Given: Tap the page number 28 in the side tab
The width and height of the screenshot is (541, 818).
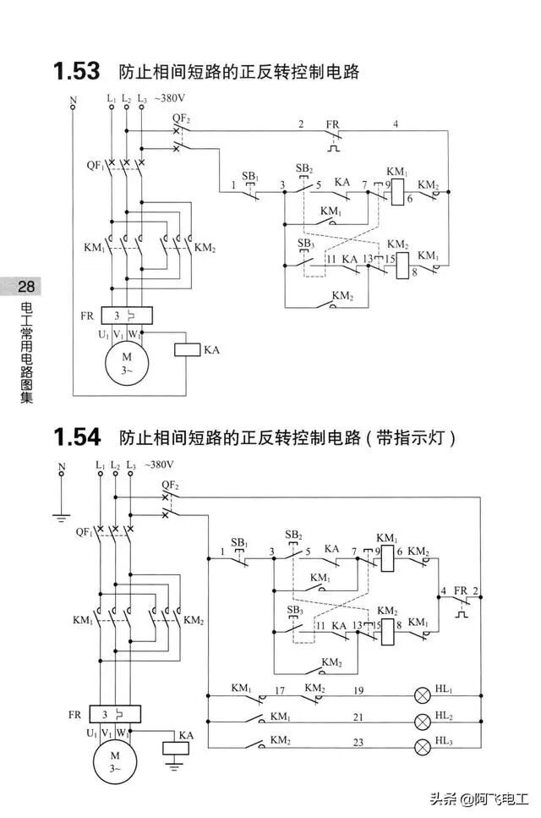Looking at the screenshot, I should [26, 287].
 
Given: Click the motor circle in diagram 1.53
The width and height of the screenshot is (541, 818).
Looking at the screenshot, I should [127, 362].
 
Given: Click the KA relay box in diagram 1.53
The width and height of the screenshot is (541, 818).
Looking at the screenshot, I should [187, 349].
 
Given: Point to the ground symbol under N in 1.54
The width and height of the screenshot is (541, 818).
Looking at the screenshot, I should [62, 513].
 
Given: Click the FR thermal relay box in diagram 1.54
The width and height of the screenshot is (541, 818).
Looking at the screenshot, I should [115, 714].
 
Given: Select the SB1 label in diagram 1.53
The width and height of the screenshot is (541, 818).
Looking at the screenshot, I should [249, 176].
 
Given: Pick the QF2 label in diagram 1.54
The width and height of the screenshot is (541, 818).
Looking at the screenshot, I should [170, 486].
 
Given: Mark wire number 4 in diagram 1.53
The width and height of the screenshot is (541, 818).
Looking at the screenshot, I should [395, 124].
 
